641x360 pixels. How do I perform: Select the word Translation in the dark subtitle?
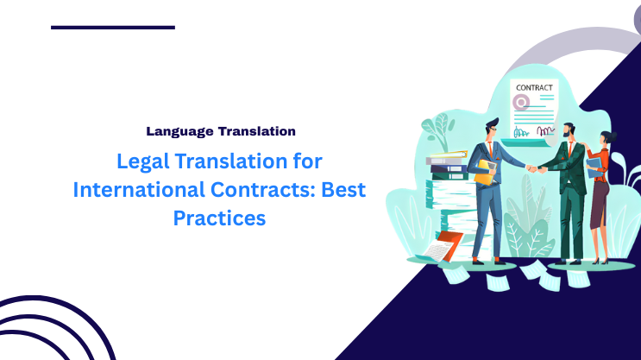coord(257,132)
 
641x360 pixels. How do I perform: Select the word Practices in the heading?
coord(219,219)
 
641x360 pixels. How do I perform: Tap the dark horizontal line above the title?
coord(113,27)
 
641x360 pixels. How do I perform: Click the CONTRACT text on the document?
coord(535,88)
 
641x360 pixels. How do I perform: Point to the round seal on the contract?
coord(520,104)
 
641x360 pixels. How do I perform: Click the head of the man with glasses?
coord(493,127)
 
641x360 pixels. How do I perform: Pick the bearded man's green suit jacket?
coord(572,164)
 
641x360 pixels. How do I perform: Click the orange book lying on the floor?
coord(449,241)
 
